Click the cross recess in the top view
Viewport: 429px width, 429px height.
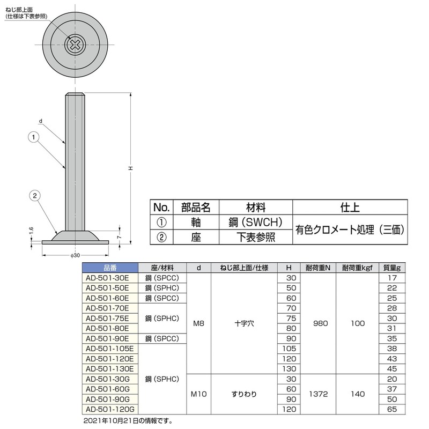[75, 45]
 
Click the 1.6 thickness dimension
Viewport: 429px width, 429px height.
[32, 231]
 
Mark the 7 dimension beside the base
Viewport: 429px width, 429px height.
[119, 236]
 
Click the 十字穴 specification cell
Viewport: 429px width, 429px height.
[244, 323]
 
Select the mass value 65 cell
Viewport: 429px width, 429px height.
[393, 409]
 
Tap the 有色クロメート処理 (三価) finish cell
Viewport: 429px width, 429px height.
[349, 230]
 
